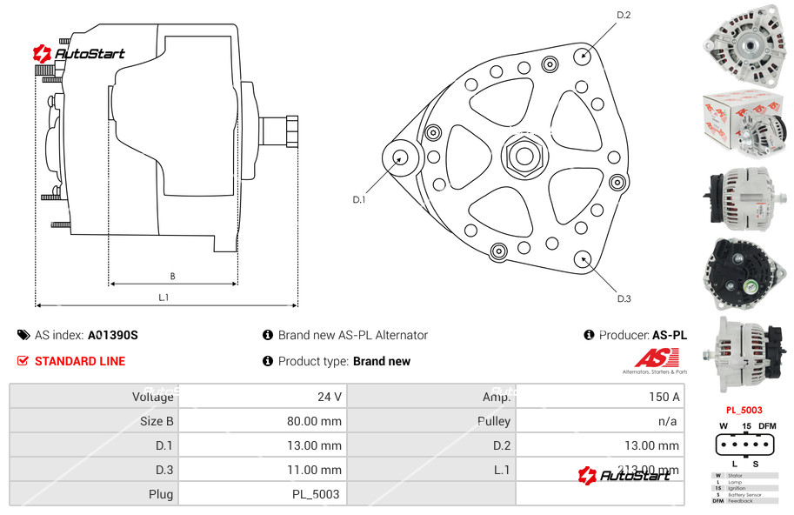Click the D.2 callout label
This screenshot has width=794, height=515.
point(624,15)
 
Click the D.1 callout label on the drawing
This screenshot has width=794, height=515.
point(359,200)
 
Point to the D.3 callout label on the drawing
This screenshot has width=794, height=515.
point(624,298)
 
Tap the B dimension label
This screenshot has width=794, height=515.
point(172,277)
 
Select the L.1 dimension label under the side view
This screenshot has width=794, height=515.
point(163,298)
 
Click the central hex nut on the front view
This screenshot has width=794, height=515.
point(524,157)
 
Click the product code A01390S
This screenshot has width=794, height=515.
point(112,335)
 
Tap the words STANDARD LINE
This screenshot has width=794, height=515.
point(80,361)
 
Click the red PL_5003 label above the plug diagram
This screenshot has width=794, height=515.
point(744,410)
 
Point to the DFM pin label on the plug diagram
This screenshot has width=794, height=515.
point(767,425)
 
